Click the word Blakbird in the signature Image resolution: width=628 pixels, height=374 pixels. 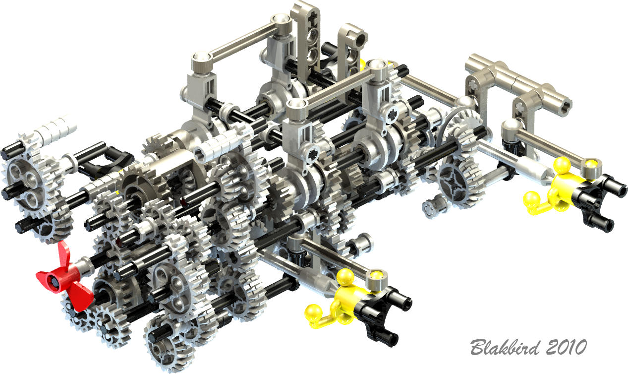coord(505,347)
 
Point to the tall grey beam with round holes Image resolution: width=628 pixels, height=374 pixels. coord(306,39)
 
